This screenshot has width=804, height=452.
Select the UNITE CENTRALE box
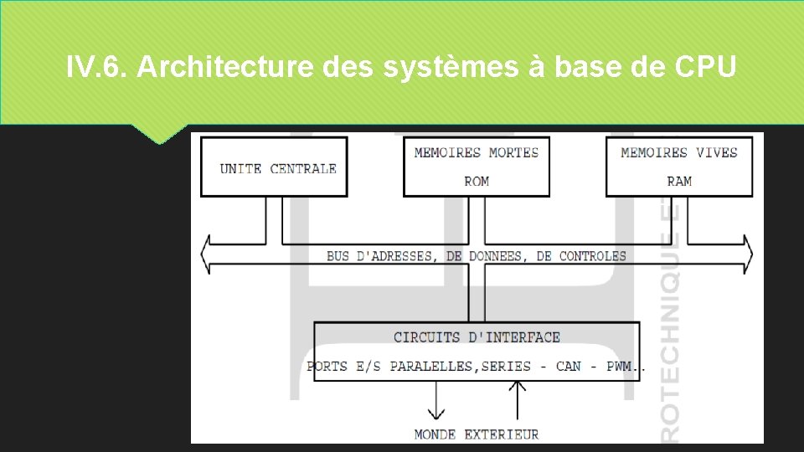click(274, 167)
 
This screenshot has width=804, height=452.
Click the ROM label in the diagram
click(477, 181)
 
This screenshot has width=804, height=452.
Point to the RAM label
click(679, 181)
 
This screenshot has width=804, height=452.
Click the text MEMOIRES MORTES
click(477, 152)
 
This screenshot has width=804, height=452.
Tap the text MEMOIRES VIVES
click(679, 152)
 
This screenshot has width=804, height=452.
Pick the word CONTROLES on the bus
click(592, 255)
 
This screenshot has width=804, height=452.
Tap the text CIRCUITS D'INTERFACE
click(477, 337)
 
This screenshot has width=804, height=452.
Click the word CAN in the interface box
click(568, 366)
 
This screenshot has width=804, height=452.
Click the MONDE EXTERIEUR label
click(477, 434)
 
